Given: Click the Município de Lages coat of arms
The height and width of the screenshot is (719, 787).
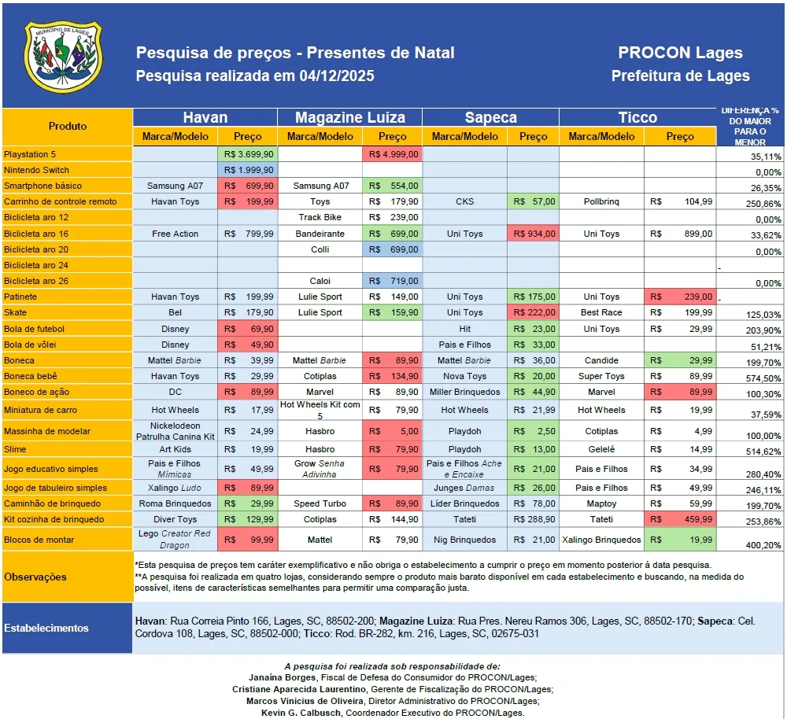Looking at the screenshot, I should point(64,55).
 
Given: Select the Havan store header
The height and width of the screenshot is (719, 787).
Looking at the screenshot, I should point(205,117).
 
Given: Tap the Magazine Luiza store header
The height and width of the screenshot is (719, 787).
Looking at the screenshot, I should point(350,117).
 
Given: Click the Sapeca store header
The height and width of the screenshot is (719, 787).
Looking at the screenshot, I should point(490,117).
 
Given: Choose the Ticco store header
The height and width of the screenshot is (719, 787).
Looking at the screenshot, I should point(637,117).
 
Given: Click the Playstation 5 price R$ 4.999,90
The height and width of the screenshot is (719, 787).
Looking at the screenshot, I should point(392,154).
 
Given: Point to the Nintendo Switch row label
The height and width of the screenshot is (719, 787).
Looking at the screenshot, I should point(36,170).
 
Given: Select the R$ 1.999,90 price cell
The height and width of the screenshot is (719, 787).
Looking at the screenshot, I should point(248,170).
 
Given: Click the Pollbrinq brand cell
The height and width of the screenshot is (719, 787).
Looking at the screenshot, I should point(601,201).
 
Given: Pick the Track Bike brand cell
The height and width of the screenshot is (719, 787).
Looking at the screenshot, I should point(320,217).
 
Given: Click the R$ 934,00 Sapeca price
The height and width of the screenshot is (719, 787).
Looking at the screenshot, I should point(533,234).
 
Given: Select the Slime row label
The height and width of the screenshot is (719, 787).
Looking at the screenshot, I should point(16,449).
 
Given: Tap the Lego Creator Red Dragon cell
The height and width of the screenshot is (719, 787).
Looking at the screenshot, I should point(175,540).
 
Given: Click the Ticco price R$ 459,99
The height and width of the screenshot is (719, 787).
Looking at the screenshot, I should point(680,519).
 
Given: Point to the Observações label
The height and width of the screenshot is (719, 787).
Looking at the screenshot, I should point(36,577).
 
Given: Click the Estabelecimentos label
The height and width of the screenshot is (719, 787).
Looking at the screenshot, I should point(46,628).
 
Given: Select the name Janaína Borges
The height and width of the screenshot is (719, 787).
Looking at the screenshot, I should point(282,677).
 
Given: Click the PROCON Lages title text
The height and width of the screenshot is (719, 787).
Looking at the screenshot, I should point(680,53).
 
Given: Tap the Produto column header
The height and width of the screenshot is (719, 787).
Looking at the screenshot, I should point(68,126).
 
